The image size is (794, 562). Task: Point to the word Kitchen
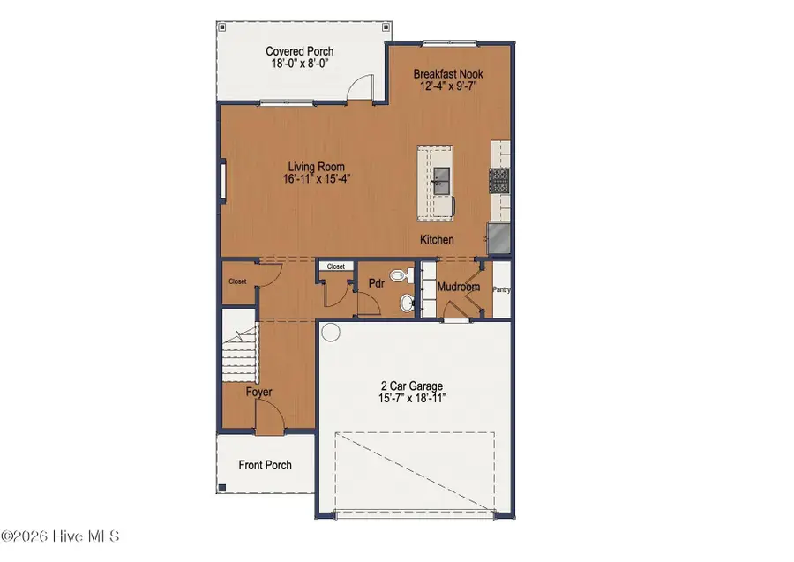click(437, 240)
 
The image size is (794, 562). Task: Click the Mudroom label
click(459, 287)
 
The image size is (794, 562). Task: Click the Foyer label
click(259, 392)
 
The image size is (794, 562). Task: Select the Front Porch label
click(265, 465)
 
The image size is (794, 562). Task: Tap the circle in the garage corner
click(330, 333)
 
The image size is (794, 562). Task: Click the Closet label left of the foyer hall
click(237, 282)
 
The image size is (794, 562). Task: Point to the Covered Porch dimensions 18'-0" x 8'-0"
click(300, 64)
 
